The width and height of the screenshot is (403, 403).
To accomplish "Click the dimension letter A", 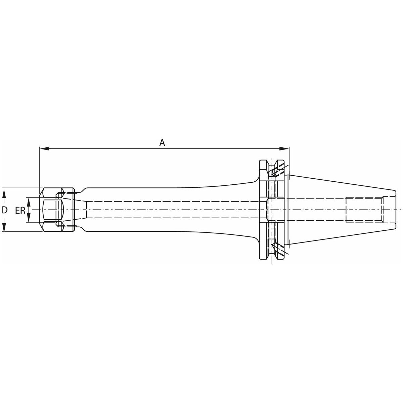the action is point(162,143).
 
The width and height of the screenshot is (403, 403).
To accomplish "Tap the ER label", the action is point(20,211).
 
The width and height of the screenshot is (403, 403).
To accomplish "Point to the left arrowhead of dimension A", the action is point(44,149).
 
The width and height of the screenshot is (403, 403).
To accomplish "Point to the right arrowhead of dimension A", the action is point(284,149).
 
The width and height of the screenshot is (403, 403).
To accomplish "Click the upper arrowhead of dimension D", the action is point(4,193).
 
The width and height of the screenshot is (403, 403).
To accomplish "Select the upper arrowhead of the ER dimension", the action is point(29,202).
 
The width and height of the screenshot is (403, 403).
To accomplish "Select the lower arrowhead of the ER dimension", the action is point(29,218).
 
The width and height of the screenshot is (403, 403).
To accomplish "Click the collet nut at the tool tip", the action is point(57,210).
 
